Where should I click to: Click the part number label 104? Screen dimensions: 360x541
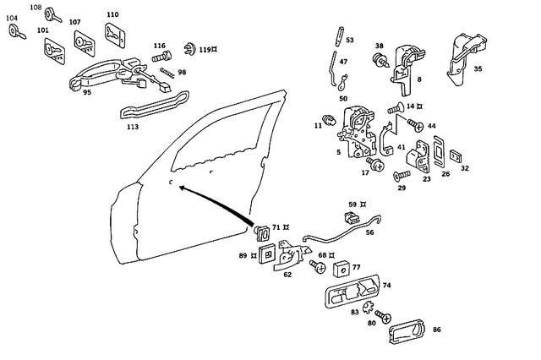12,17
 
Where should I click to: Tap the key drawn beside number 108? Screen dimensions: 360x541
52,14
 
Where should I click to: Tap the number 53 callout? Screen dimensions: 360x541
350,40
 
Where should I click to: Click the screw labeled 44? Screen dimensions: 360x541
416,125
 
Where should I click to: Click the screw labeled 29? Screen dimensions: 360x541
402,175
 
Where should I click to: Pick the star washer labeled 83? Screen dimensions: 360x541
369,306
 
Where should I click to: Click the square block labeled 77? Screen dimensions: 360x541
342,270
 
